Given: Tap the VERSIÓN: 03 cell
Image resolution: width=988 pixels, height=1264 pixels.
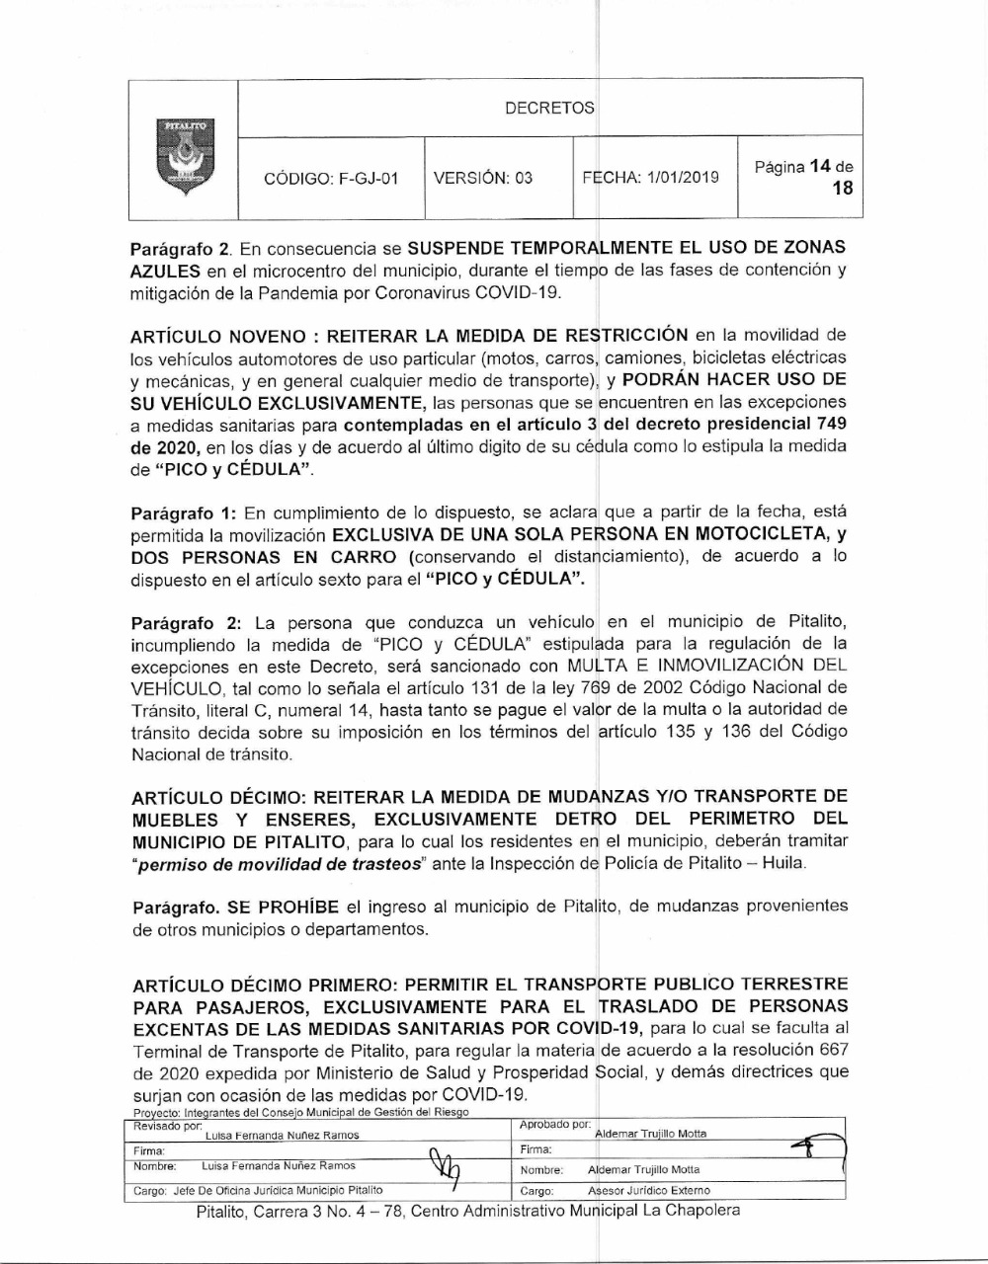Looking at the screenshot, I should pos(483,178).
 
